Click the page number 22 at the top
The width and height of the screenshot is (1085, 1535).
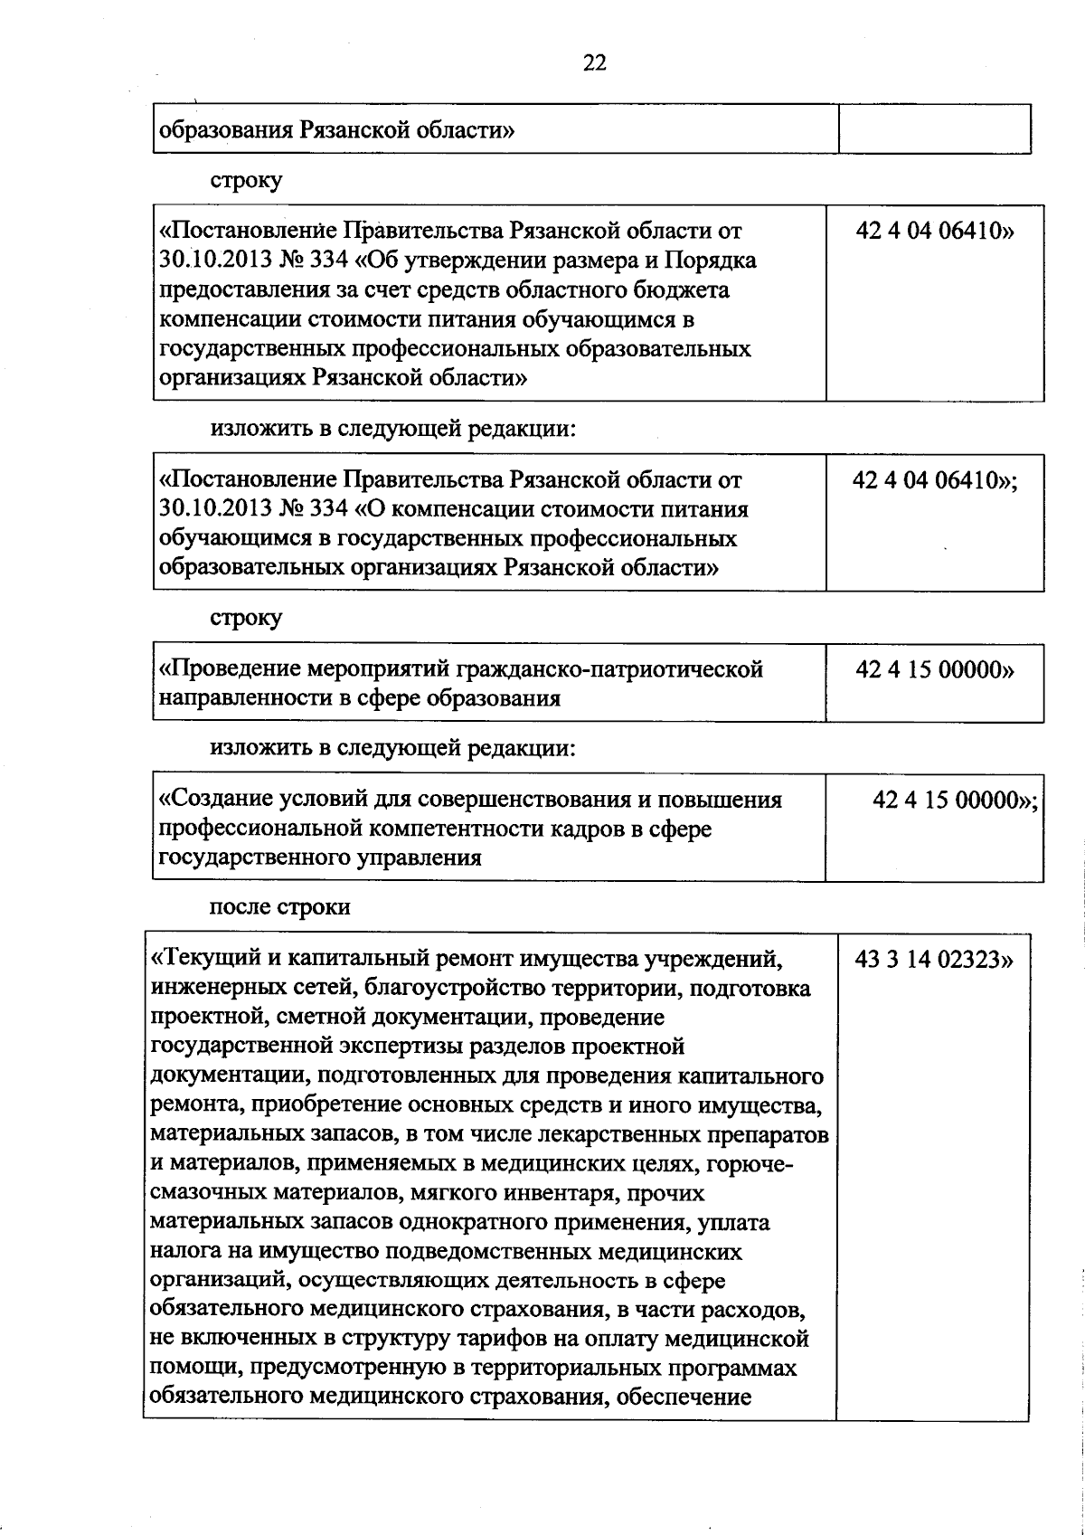[595, 62]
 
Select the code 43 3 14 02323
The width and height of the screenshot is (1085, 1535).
[933, 960]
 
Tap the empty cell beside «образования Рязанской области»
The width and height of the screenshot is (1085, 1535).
[935, 129]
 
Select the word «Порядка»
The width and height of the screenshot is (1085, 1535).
[712, 261]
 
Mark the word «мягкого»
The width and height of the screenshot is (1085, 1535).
[452, 1194]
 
